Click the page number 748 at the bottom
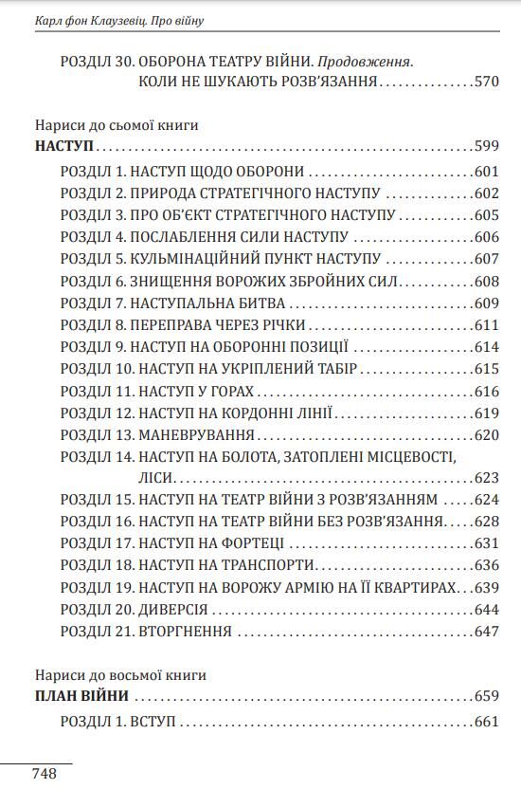(x=45, y=773)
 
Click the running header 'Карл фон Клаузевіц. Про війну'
(x=119, y=19)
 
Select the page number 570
(x=485, y=83)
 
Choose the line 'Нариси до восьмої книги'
(x=120, y=675)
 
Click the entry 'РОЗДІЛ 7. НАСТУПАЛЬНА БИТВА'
(x=173, y=303)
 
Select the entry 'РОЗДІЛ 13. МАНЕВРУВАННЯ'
(x=158, y=434)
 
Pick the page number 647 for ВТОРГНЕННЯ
(x=485, y=631)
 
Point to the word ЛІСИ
(x=155, y=477)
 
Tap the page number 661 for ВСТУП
(x=485, y=722)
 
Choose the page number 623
(x=485, y=477)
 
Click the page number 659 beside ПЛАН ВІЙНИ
(x=485, y=696)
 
